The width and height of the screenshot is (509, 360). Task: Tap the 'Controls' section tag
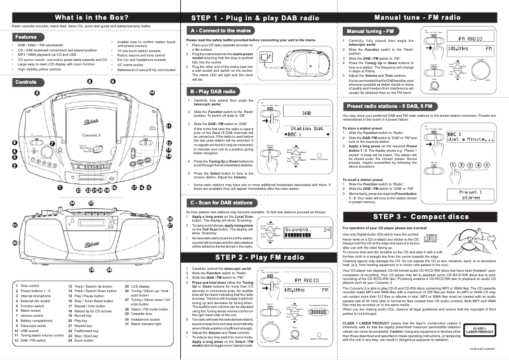(25, 83)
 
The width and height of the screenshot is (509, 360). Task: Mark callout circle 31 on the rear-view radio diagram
(15, 225)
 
